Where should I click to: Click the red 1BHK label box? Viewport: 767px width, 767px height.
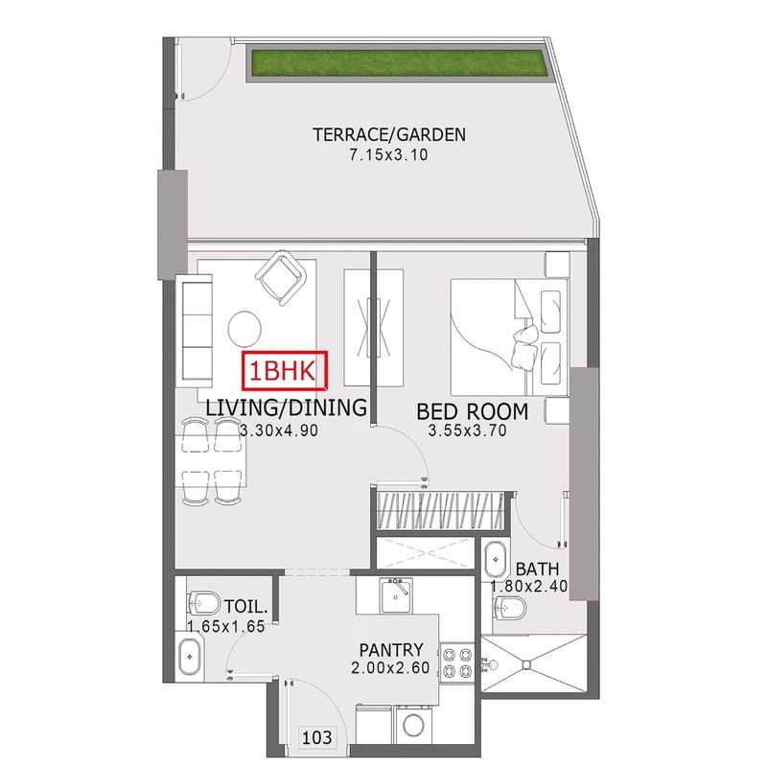pyautogui.click(x=285, y=371)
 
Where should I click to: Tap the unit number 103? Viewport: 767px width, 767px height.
pyautogui.click(x=317, y=736)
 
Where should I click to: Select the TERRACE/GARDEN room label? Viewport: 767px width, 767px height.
pyautogui.click(x=389, y=134)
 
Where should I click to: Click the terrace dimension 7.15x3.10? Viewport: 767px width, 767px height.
pyautogui.click(x=388, y=155)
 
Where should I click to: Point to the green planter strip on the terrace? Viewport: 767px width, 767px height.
pyautogui.click(x=398, y=62)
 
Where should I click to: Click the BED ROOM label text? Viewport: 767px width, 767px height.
pyautogui.click(x=472, y=412)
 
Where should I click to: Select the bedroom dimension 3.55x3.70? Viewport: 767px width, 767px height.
pyautogui.click(x=467, y=430)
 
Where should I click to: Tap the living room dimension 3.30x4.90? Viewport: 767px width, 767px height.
pyautogui.click(x=279, y=430)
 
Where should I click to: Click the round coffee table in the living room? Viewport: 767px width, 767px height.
pyautogui.click(x=244, y=329)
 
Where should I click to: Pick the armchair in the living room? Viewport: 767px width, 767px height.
pyautogui.click(x=280, y=277)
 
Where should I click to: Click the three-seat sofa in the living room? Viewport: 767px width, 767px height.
pyautogui.click(x=195, y=331)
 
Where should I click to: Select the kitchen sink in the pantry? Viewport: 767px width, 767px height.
pyautogui.click(x=397, y=595)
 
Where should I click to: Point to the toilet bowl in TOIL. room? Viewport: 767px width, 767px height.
pyautogui.click(x=203, y=603)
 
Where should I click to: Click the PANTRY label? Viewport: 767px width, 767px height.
pyautogui.click(x=391, y=650)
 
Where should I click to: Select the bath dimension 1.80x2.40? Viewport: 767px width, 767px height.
pyautogui.click(x=529, y=586)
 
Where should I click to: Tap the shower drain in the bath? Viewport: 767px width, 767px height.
pyautogui.click(x=525, y=664)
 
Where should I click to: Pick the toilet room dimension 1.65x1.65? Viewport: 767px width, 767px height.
pyautogui.click(x=226, y=627)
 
